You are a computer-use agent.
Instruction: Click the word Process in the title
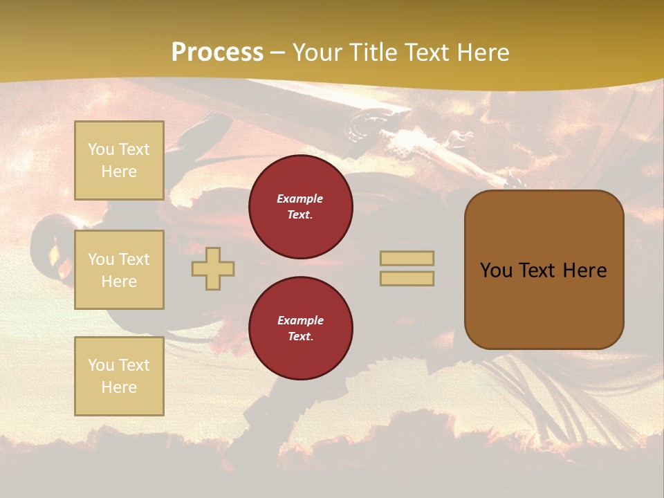[217, 53]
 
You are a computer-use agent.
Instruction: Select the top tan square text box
[119, 160]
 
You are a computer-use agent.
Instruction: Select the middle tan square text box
[119, 270]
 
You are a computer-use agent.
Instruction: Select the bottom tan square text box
[119, 376]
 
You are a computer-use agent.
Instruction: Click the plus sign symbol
[213, 268]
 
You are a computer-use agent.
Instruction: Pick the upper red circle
[301, 207]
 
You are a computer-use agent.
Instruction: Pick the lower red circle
[301, 329]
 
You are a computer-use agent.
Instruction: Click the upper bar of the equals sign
[407, 259]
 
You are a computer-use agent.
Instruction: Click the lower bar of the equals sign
[407, 279]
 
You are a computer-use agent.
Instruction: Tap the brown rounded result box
[544, 304]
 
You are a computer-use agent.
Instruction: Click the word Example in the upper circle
[300, 199]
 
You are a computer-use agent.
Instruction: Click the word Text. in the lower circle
[300, 337]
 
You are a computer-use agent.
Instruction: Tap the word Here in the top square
[119, 172]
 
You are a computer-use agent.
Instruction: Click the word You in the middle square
[101, 259]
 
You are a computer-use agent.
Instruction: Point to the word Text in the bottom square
[134, 365]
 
